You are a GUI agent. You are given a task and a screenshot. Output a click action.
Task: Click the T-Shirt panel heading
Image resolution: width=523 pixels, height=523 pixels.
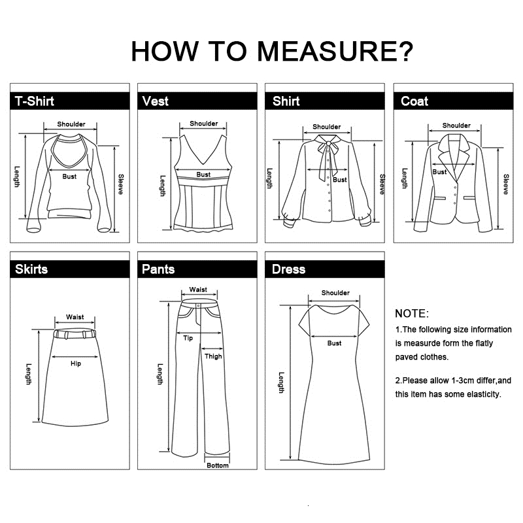[x=35, y=101]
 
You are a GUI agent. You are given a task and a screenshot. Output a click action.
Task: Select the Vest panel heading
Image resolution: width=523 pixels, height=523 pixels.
[x=155, y=101]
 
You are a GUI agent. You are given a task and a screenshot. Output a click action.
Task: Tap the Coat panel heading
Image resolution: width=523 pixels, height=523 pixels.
[x=414, y=101]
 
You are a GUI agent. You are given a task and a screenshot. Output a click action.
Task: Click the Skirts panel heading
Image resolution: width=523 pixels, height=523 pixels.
[x=31, y=269]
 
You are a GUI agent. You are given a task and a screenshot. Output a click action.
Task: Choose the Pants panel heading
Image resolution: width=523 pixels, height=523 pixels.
[x=158, y=269]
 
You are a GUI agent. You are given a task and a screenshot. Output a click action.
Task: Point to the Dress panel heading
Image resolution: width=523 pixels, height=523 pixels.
[x=288, y=269]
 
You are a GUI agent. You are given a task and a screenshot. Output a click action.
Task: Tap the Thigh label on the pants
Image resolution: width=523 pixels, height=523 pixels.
[x=213, y=356]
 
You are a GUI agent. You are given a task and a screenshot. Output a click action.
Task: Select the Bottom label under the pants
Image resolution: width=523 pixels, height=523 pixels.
[x=218, y=465]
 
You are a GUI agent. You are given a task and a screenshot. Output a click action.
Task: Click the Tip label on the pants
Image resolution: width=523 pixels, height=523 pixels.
[x=188, y=338]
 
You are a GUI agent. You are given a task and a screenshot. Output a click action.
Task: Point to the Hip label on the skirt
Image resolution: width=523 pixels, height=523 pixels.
[x=76, y=363]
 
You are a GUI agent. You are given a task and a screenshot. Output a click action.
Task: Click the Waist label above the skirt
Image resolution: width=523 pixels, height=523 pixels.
[x=75, y=317]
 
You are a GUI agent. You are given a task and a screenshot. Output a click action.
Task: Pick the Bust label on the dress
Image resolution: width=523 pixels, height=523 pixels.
[x=334, y=343]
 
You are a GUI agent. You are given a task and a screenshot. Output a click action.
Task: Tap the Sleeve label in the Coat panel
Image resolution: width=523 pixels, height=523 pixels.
[x=506, y=184]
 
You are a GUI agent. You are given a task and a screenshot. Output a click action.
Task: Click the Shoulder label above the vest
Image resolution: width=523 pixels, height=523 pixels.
[x=204, y=124]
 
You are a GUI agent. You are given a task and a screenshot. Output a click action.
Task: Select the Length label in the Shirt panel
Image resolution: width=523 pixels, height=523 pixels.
[x=269, y=178]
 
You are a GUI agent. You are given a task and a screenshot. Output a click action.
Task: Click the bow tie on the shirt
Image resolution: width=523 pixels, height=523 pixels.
[x=328, y=156]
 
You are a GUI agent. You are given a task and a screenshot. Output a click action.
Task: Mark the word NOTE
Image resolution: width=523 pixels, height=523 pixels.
[x=412, y=314]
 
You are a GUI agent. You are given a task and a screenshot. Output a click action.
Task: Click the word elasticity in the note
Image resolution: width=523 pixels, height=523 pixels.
[x=484, y=394]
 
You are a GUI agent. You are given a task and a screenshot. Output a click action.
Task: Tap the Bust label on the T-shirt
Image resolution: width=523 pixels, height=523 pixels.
[x=69, y=177]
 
